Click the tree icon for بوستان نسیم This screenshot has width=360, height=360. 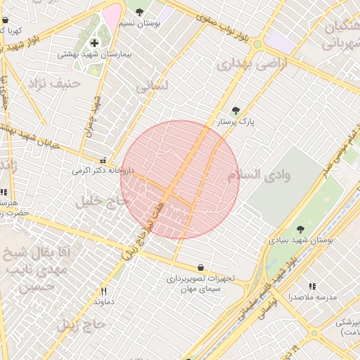coord(139,11)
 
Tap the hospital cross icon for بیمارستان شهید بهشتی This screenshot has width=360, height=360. coord(94,42)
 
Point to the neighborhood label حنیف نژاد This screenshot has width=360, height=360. coord(55,84)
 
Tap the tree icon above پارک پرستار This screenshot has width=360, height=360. coord(236,110)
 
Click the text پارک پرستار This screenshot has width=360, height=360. coord(236,122)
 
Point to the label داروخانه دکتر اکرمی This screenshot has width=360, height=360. coord(102,171)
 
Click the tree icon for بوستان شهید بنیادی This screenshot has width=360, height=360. coord(300,229)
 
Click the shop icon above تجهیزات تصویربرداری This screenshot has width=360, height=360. coord(202,267)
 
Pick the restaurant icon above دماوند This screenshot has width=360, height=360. coord(103,290)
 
